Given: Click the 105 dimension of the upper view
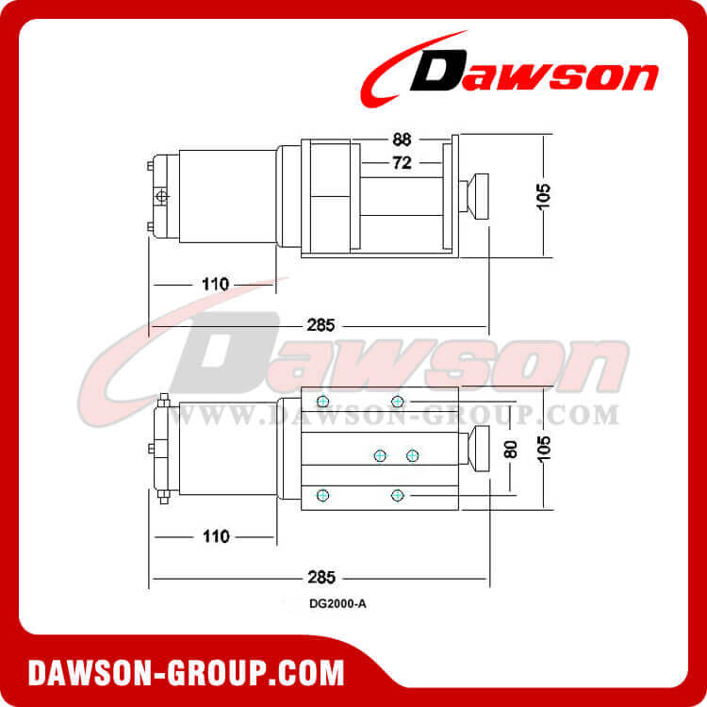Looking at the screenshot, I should pyautogui.click(x=544, y=196).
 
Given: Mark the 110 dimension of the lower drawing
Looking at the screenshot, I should pyautogui.click(x=216, y=536).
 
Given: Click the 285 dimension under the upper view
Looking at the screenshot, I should pyautogui.click(x=321, y=326).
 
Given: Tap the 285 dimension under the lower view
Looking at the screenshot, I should pyautogui.click(x=321, y=577).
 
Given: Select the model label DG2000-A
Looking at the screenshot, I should pyautogui.click(x=337, y=605).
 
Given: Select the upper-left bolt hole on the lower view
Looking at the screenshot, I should pyautogui.click(x=323, y=402).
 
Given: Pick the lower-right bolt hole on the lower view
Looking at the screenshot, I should pyautogui.click(x=397, y=494).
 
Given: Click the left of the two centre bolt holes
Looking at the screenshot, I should pyautogui.click(x=380, y=455).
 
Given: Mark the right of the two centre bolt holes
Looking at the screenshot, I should pyautogui.click(x=412, y=455).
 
